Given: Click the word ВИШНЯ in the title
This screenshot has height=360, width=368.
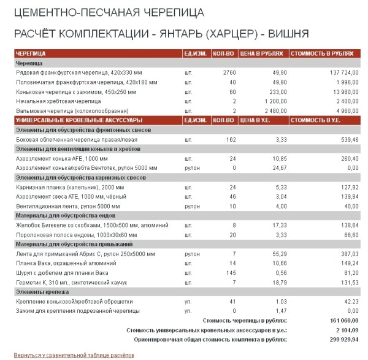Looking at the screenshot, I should pos(286,33).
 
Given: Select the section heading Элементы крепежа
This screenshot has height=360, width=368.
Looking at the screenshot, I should pos(42,292).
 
